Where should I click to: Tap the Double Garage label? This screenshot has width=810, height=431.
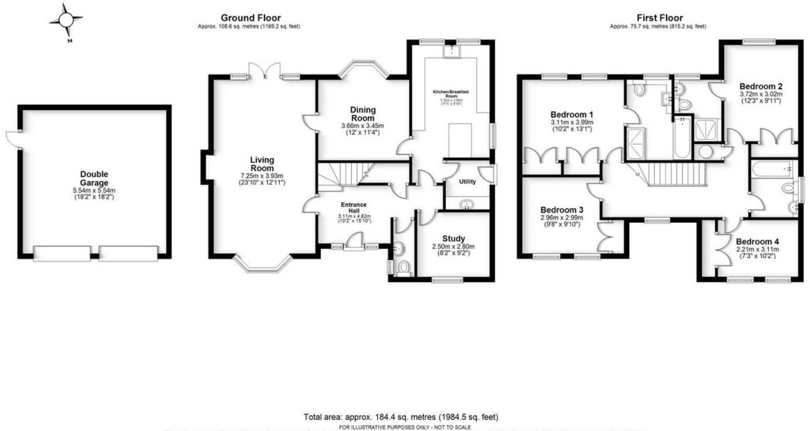click(x=94, y=178)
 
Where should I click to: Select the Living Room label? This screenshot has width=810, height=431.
click(x=262, y=164)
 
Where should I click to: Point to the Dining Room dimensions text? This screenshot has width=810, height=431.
click(x=362, y=129)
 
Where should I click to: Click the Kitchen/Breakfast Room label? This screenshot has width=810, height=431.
click(x=451, y=95)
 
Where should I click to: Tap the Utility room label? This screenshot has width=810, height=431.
click(x=467, y=181)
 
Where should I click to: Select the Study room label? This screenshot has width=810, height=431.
click(x=454, y=238)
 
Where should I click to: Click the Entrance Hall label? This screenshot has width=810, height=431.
click(x=354, y=208)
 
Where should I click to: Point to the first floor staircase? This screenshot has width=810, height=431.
click(x=667, y=174)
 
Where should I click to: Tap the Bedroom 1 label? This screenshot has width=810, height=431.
click(x=572, y=114)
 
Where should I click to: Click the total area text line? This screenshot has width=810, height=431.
click(x=401, y=417)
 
